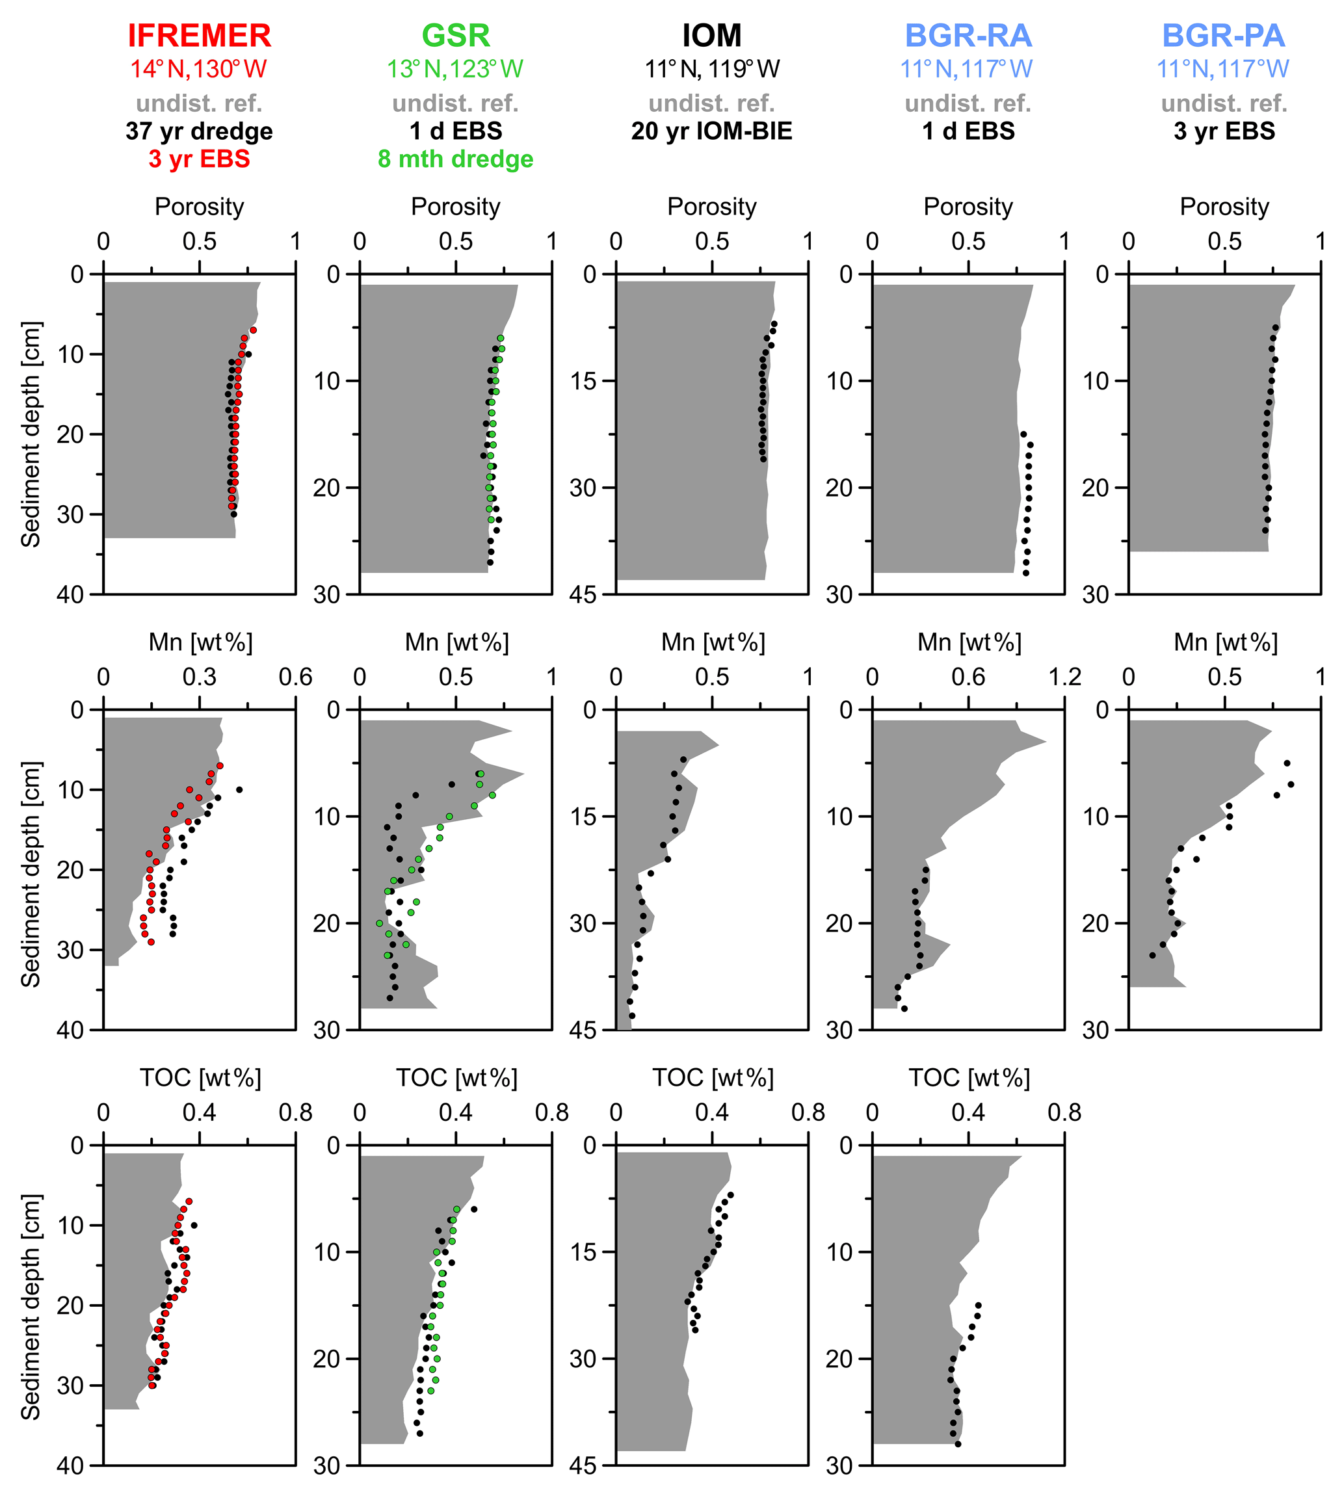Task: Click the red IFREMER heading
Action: pos(200,36)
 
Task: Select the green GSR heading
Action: pos(456,36)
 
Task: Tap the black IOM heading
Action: pos(711,36)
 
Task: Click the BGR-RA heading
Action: pos(968,36)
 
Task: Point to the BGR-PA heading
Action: pos(1224,36)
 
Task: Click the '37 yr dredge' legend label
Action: pos(200,131)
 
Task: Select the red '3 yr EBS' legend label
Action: pos(200,159)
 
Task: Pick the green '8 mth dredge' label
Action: pos(456,159)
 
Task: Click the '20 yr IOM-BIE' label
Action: pos(711,131)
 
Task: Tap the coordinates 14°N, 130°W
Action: pos(199,70)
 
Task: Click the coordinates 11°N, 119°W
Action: pos(711,70)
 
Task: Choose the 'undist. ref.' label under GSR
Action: pos(456,103)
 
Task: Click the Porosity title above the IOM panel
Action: pos(711,207)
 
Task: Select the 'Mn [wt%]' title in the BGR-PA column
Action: pos(1225,642)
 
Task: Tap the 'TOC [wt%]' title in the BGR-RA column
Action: pos(969,1078)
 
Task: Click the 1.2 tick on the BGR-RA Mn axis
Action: pos(1064,677)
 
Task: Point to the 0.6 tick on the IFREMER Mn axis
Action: pos(295,677)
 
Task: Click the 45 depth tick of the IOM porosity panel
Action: pos(583,595)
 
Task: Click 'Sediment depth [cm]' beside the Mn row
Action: pos(31,874)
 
